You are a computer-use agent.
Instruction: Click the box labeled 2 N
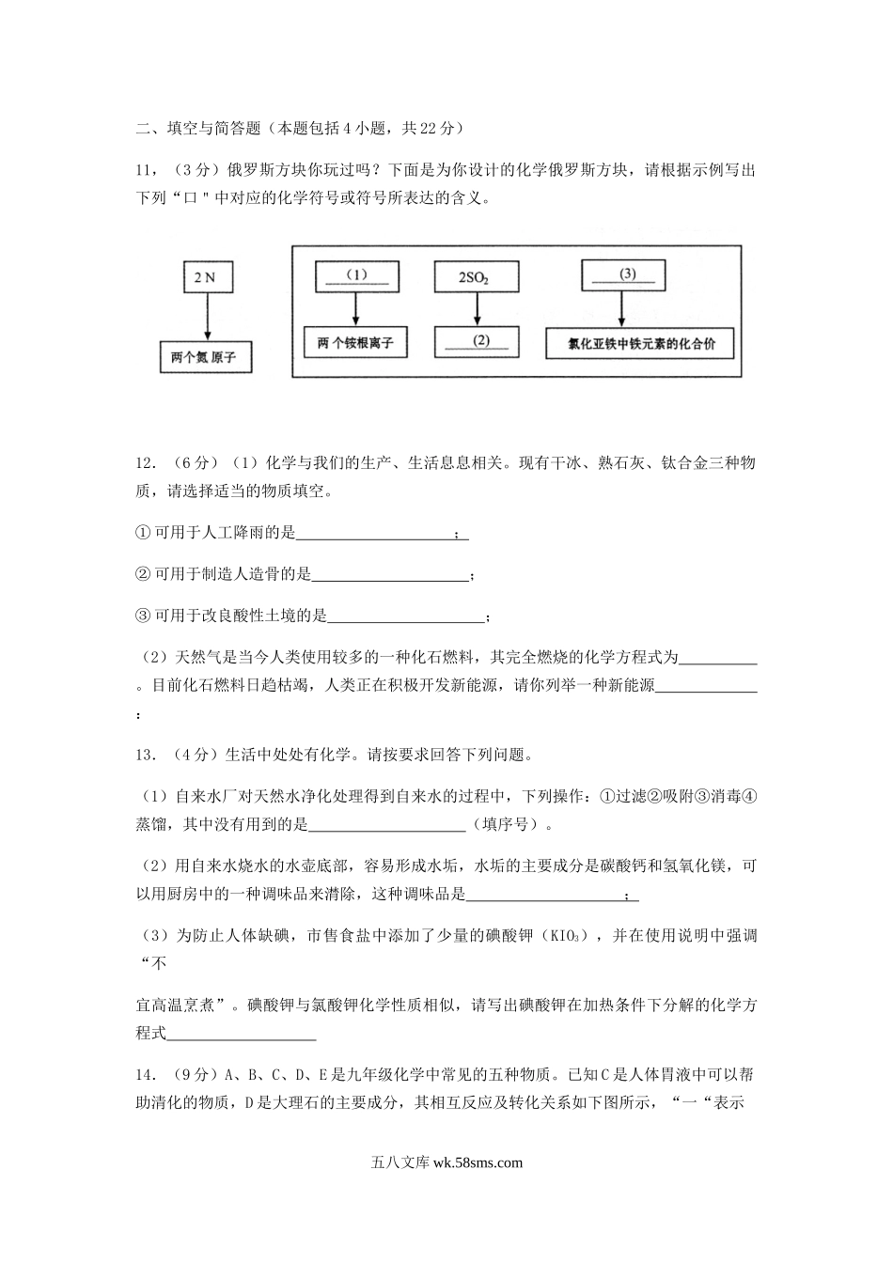(205, 277)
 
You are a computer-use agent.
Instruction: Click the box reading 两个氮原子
(205, 358)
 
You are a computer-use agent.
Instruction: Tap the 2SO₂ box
(476, 277)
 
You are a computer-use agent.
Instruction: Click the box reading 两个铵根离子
(355, 343)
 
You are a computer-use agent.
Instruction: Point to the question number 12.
(146, 463)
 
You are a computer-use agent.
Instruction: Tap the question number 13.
(146, 754)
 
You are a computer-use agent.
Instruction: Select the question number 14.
(146, 1076)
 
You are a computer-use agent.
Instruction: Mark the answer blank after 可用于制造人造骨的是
(389, 574)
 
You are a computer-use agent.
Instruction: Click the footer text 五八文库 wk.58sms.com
(446, 1162)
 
